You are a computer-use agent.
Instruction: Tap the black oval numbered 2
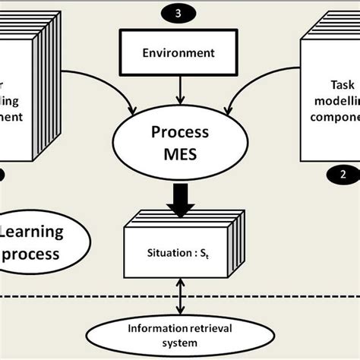point(343,172)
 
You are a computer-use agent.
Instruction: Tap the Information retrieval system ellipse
point(180,335)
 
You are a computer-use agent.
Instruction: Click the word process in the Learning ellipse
point(30,254)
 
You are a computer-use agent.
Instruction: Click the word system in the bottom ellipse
point(180,343)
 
